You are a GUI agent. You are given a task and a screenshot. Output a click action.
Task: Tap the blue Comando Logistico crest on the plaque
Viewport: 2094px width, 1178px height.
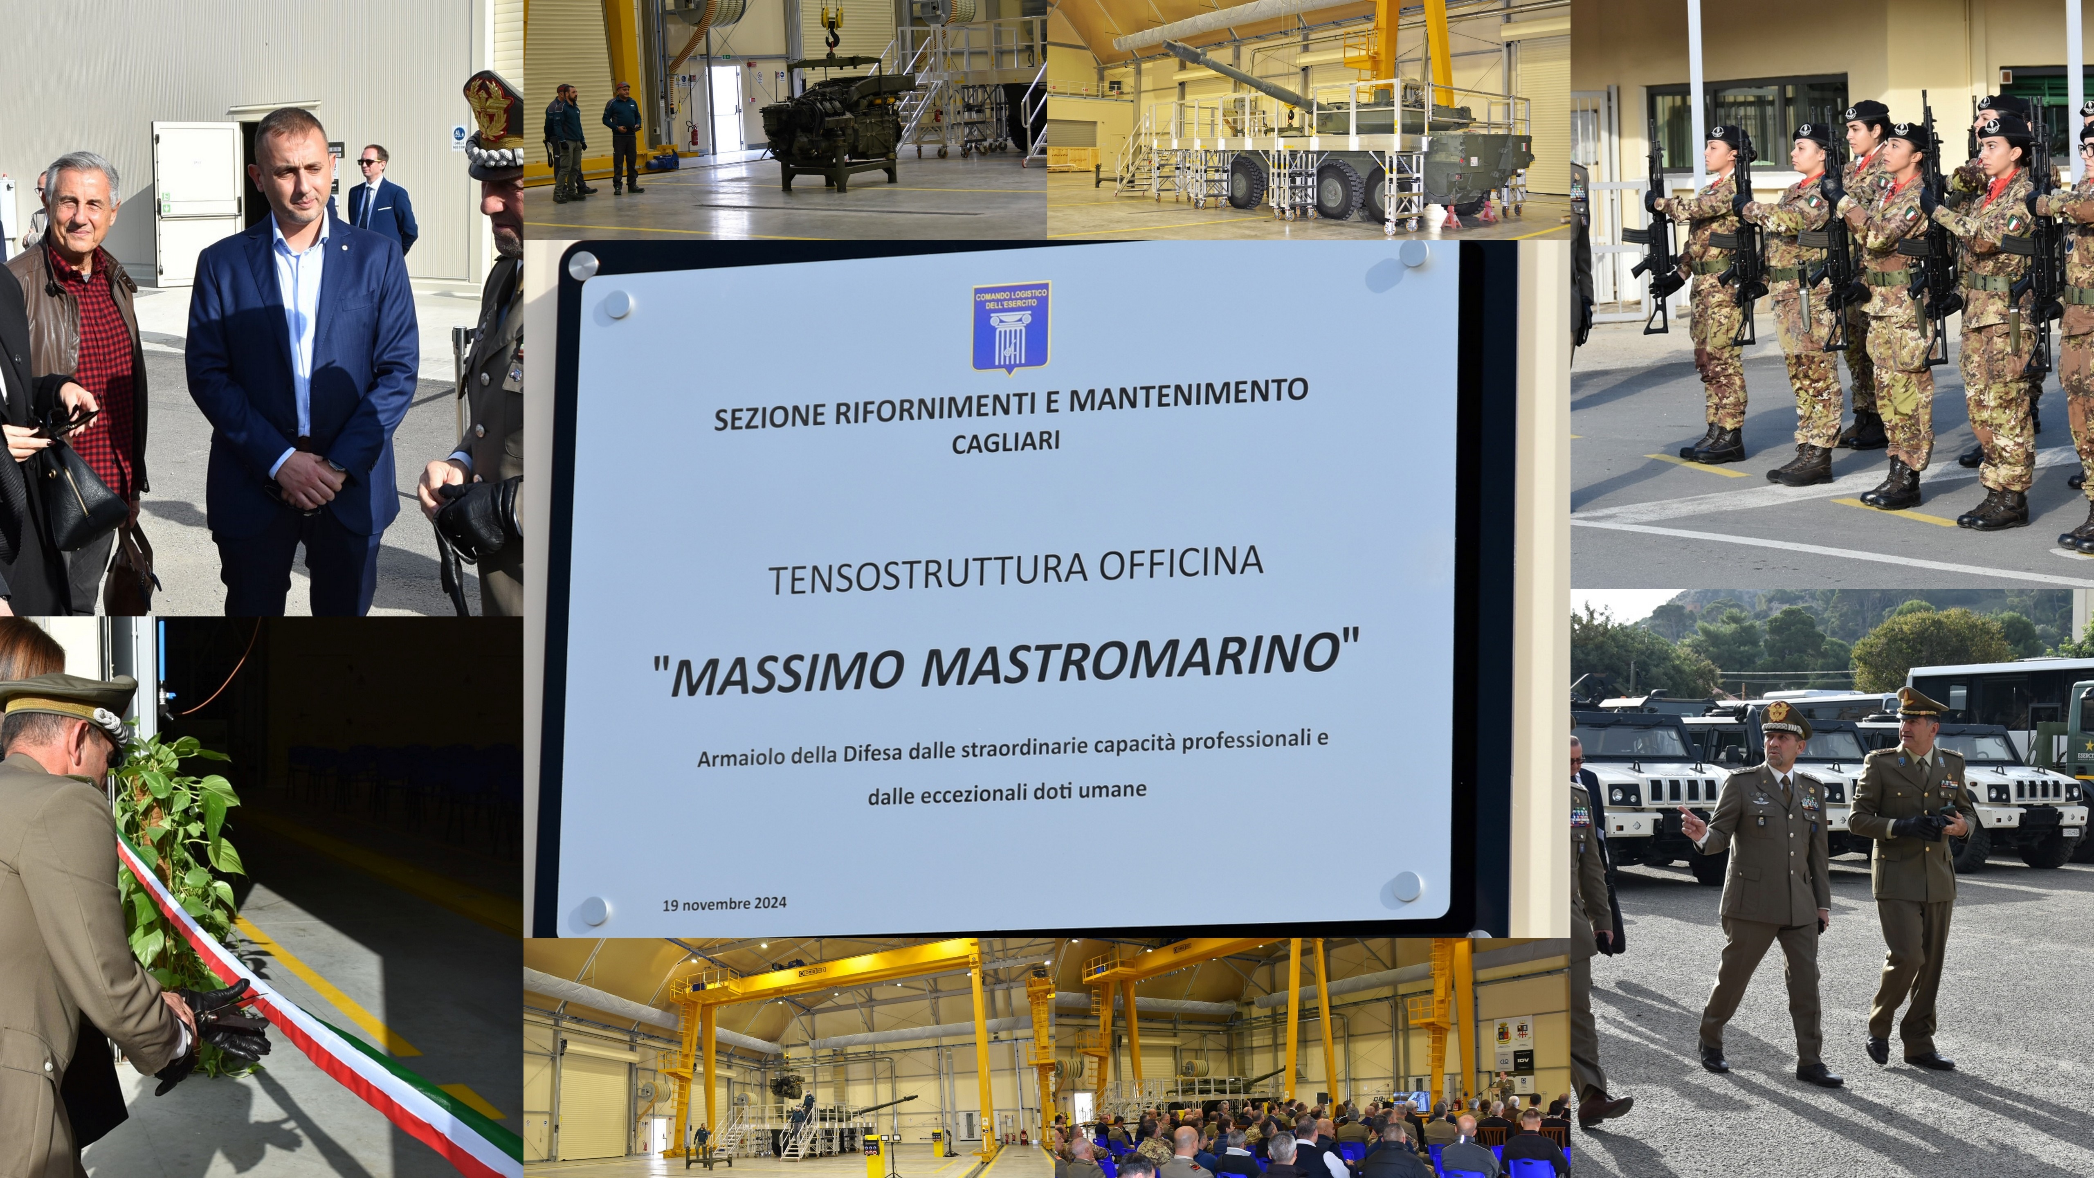pos(1011,327)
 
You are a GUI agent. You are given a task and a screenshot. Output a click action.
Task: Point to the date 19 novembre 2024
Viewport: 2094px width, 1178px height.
pos(724,903)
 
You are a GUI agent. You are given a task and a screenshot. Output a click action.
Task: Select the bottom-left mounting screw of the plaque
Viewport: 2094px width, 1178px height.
pos(593,910)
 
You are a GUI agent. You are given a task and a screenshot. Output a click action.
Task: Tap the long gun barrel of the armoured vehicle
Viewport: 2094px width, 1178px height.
pos(1236,73)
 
